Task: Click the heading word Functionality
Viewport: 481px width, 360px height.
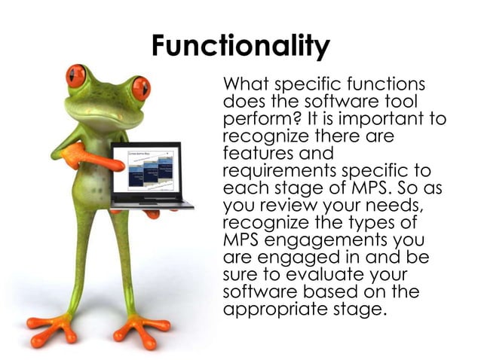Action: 240,47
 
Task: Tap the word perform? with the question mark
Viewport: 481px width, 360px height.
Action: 256,121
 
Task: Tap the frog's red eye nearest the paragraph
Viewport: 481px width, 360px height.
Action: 141,88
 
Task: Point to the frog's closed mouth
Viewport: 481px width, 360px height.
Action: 106,113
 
